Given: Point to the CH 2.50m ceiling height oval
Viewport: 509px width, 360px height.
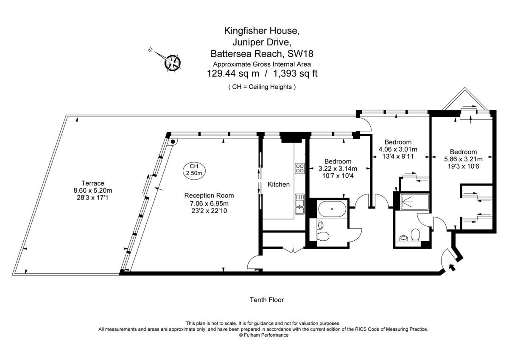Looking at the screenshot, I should [194, 170].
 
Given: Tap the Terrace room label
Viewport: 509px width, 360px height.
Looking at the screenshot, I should [92, 183].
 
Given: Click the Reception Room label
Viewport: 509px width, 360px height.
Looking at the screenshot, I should [209, 195].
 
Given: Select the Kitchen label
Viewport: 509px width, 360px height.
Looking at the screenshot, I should [279, 184].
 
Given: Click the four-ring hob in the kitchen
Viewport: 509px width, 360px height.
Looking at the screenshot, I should [299, 168].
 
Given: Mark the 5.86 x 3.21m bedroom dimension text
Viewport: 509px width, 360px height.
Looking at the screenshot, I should [463, 159].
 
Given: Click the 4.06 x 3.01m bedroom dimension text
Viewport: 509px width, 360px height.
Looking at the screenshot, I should [397, 149].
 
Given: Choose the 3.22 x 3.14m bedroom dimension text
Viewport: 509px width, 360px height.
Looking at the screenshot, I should [338, 169].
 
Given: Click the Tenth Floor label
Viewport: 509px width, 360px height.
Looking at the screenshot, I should [266, 300].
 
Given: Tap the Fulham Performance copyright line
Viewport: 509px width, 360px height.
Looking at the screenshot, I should [263, 335].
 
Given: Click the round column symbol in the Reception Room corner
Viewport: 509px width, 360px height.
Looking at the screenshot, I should [173, 141].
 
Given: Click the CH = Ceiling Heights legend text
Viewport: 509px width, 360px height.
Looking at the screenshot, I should [262, 87].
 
